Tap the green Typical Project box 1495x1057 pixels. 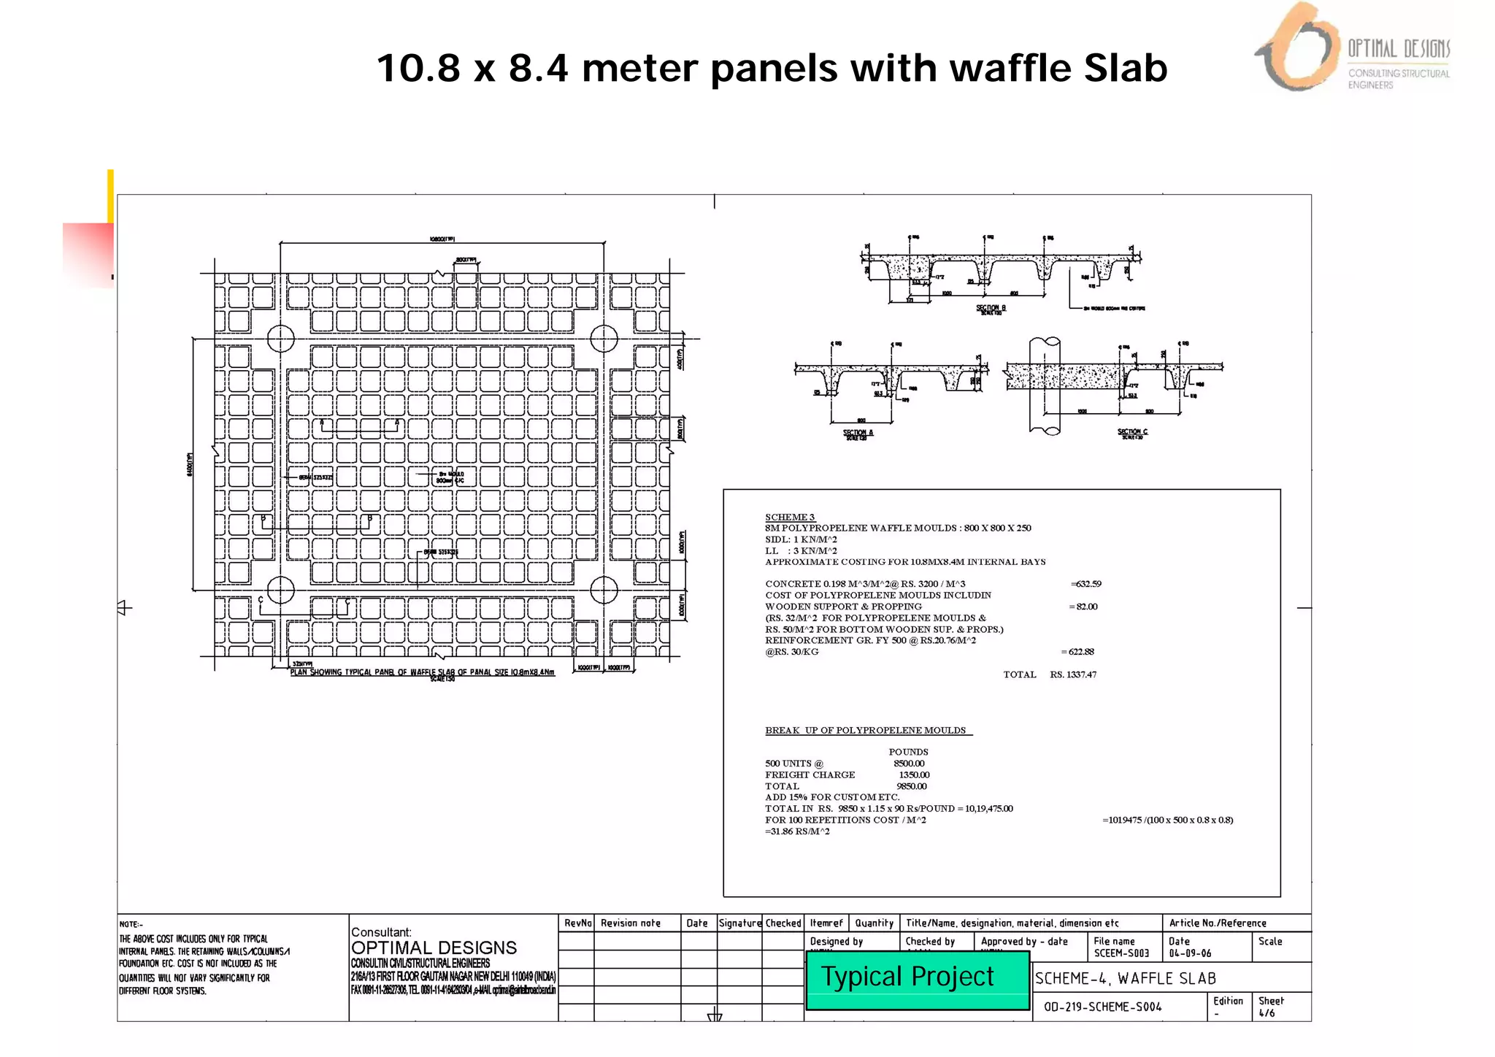tap(917, 978)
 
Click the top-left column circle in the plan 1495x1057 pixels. tap(281, 338)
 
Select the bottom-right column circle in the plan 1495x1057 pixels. tap(604, 589)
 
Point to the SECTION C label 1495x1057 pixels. tap(1132, 432)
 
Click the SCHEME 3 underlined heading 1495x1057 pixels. tap(790, 517)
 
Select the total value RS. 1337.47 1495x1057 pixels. tap(1073, 674)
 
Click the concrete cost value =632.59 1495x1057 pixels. tap(1085, 584)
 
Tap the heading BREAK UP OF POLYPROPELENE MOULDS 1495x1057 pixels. tap(866, 730)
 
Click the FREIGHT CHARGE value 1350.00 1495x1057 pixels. tap(914, 775)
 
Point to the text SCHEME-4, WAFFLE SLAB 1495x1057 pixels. tap(1126, 978)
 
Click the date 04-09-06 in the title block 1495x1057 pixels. tap(1190, 953)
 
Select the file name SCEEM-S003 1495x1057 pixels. tap(1121, 953)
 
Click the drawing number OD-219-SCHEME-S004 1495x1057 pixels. tap(1102, 1007)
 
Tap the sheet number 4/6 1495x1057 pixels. tap(1267, 1012)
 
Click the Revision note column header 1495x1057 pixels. tap(630, 923)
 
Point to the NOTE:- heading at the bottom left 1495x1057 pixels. tap(131, 924)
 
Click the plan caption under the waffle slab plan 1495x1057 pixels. tap(422, 672)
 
